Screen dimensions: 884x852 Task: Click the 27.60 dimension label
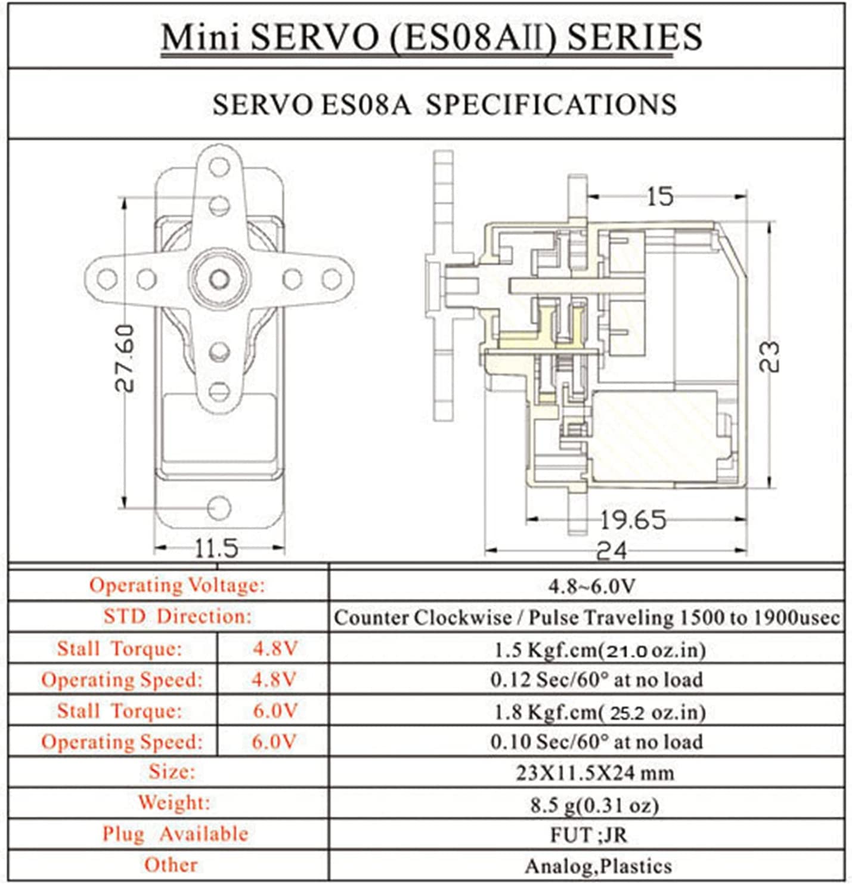(x=125, y=357)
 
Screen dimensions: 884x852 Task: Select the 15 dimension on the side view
(x=660, y=197)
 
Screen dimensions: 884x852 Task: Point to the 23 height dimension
(x=770, y=356)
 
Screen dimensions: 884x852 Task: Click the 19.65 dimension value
(x=632, y=520)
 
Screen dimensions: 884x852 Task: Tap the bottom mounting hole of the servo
(x=219, y=508)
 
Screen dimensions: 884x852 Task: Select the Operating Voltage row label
(x=176, y=585)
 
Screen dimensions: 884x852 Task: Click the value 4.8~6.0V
(x=591, y=586)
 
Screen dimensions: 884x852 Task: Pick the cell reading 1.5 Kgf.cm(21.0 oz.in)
(x=599, y=649)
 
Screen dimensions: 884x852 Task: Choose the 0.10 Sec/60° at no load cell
(x=596, y=741)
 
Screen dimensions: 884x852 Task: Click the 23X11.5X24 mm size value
(x=594, y=773)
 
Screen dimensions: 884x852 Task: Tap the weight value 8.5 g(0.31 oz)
(x=594, y=805)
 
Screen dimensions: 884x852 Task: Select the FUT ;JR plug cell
(x=588, y=834)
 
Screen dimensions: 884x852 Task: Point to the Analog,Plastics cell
(x=598, y=866)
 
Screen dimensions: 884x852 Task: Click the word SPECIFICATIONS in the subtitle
(x=551, y=104)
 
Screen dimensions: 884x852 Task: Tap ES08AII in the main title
(x=473, y=37)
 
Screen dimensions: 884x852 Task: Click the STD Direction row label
(x=177, y=616)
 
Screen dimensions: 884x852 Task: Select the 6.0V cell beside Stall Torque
(x=274, y=710)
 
